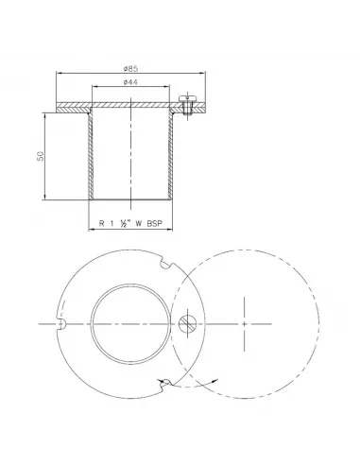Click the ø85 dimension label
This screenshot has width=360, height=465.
[x=130, y=68]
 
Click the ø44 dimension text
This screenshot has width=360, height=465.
[x=130, y=82]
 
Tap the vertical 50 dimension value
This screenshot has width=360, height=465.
[x=41, y=156]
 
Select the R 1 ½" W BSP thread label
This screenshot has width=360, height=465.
[x=130, y=223]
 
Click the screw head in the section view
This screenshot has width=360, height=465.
[x=187, y=99]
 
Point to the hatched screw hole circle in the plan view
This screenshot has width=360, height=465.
[x=188, y=323]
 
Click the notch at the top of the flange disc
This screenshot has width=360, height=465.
[x=167, y=263]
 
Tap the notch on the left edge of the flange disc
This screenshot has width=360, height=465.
[x=60, y=324]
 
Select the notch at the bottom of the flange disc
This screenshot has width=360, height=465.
[x=165, y=385]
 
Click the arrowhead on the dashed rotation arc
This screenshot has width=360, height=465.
[x=214, y=381]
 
